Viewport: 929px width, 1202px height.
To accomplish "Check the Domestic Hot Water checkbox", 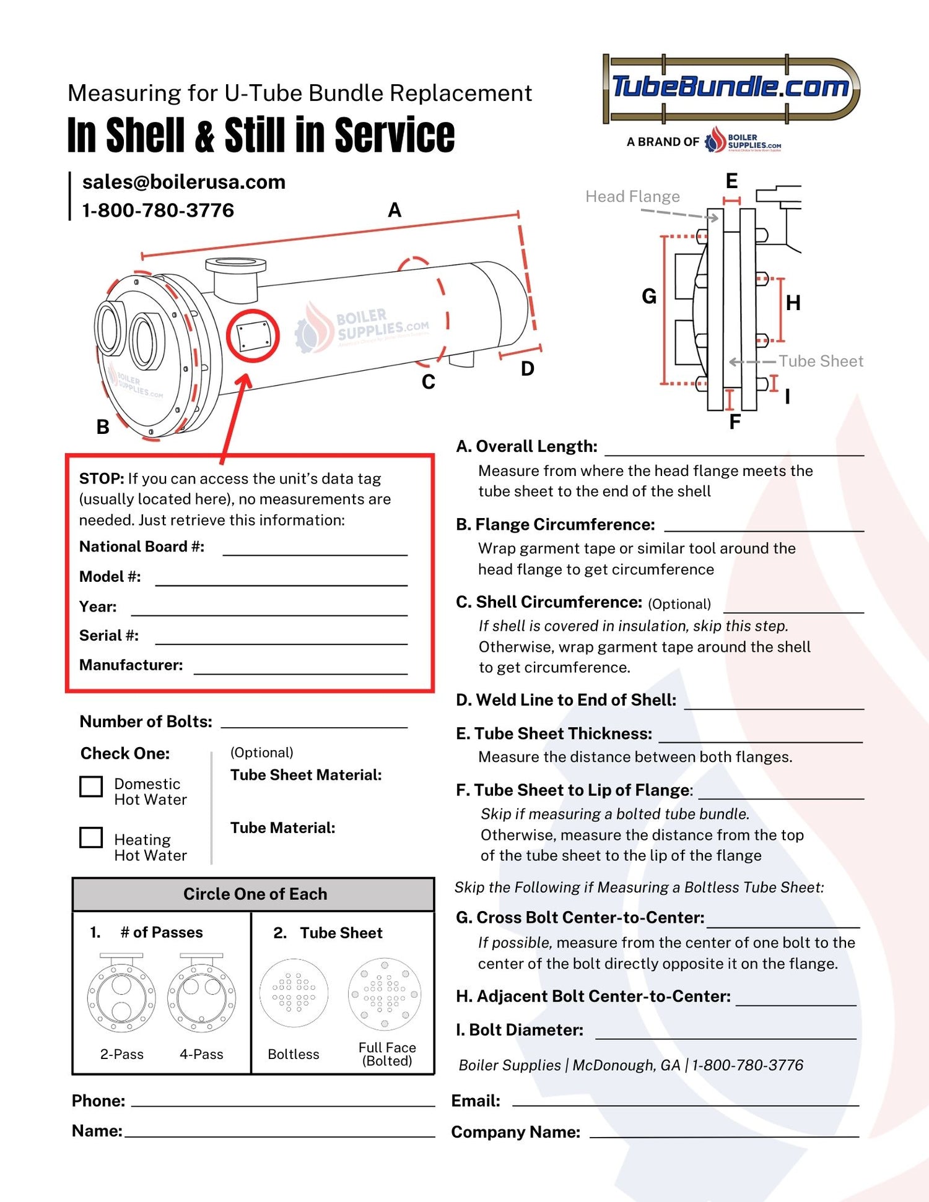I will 91,787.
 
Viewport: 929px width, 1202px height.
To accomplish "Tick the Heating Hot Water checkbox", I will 91,837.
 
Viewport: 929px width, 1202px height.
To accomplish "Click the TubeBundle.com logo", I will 731,87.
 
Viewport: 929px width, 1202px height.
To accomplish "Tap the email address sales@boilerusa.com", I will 183,182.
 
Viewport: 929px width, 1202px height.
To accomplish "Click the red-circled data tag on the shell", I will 253,335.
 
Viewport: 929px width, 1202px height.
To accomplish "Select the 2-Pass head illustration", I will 121,994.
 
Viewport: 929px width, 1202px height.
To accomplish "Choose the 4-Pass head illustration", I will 201,994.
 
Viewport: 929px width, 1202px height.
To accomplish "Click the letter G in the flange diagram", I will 648,296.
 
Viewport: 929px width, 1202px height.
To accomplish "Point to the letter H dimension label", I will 793,303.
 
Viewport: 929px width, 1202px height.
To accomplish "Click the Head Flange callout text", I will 632,197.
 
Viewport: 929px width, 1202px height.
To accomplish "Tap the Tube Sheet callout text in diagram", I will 821,361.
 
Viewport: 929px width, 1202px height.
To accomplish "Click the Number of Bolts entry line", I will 314,722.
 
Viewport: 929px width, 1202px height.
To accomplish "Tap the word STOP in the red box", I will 101,478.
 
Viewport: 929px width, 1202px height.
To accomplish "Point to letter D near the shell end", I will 527,369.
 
